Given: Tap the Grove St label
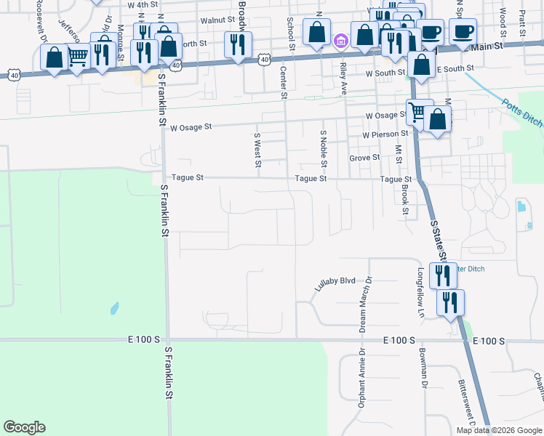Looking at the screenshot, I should (x=364, y=157).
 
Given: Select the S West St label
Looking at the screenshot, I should (x=257, y=148).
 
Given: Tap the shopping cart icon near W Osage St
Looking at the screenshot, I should (x=417, y=111).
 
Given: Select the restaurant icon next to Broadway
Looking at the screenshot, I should (x=238, y=45).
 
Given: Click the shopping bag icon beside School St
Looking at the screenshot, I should (x=316, y=32).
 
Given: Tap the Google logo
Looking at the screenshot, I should (x=24, y=427).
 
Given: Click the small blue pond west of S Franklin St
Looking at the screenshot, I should (x=114, y=308).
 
